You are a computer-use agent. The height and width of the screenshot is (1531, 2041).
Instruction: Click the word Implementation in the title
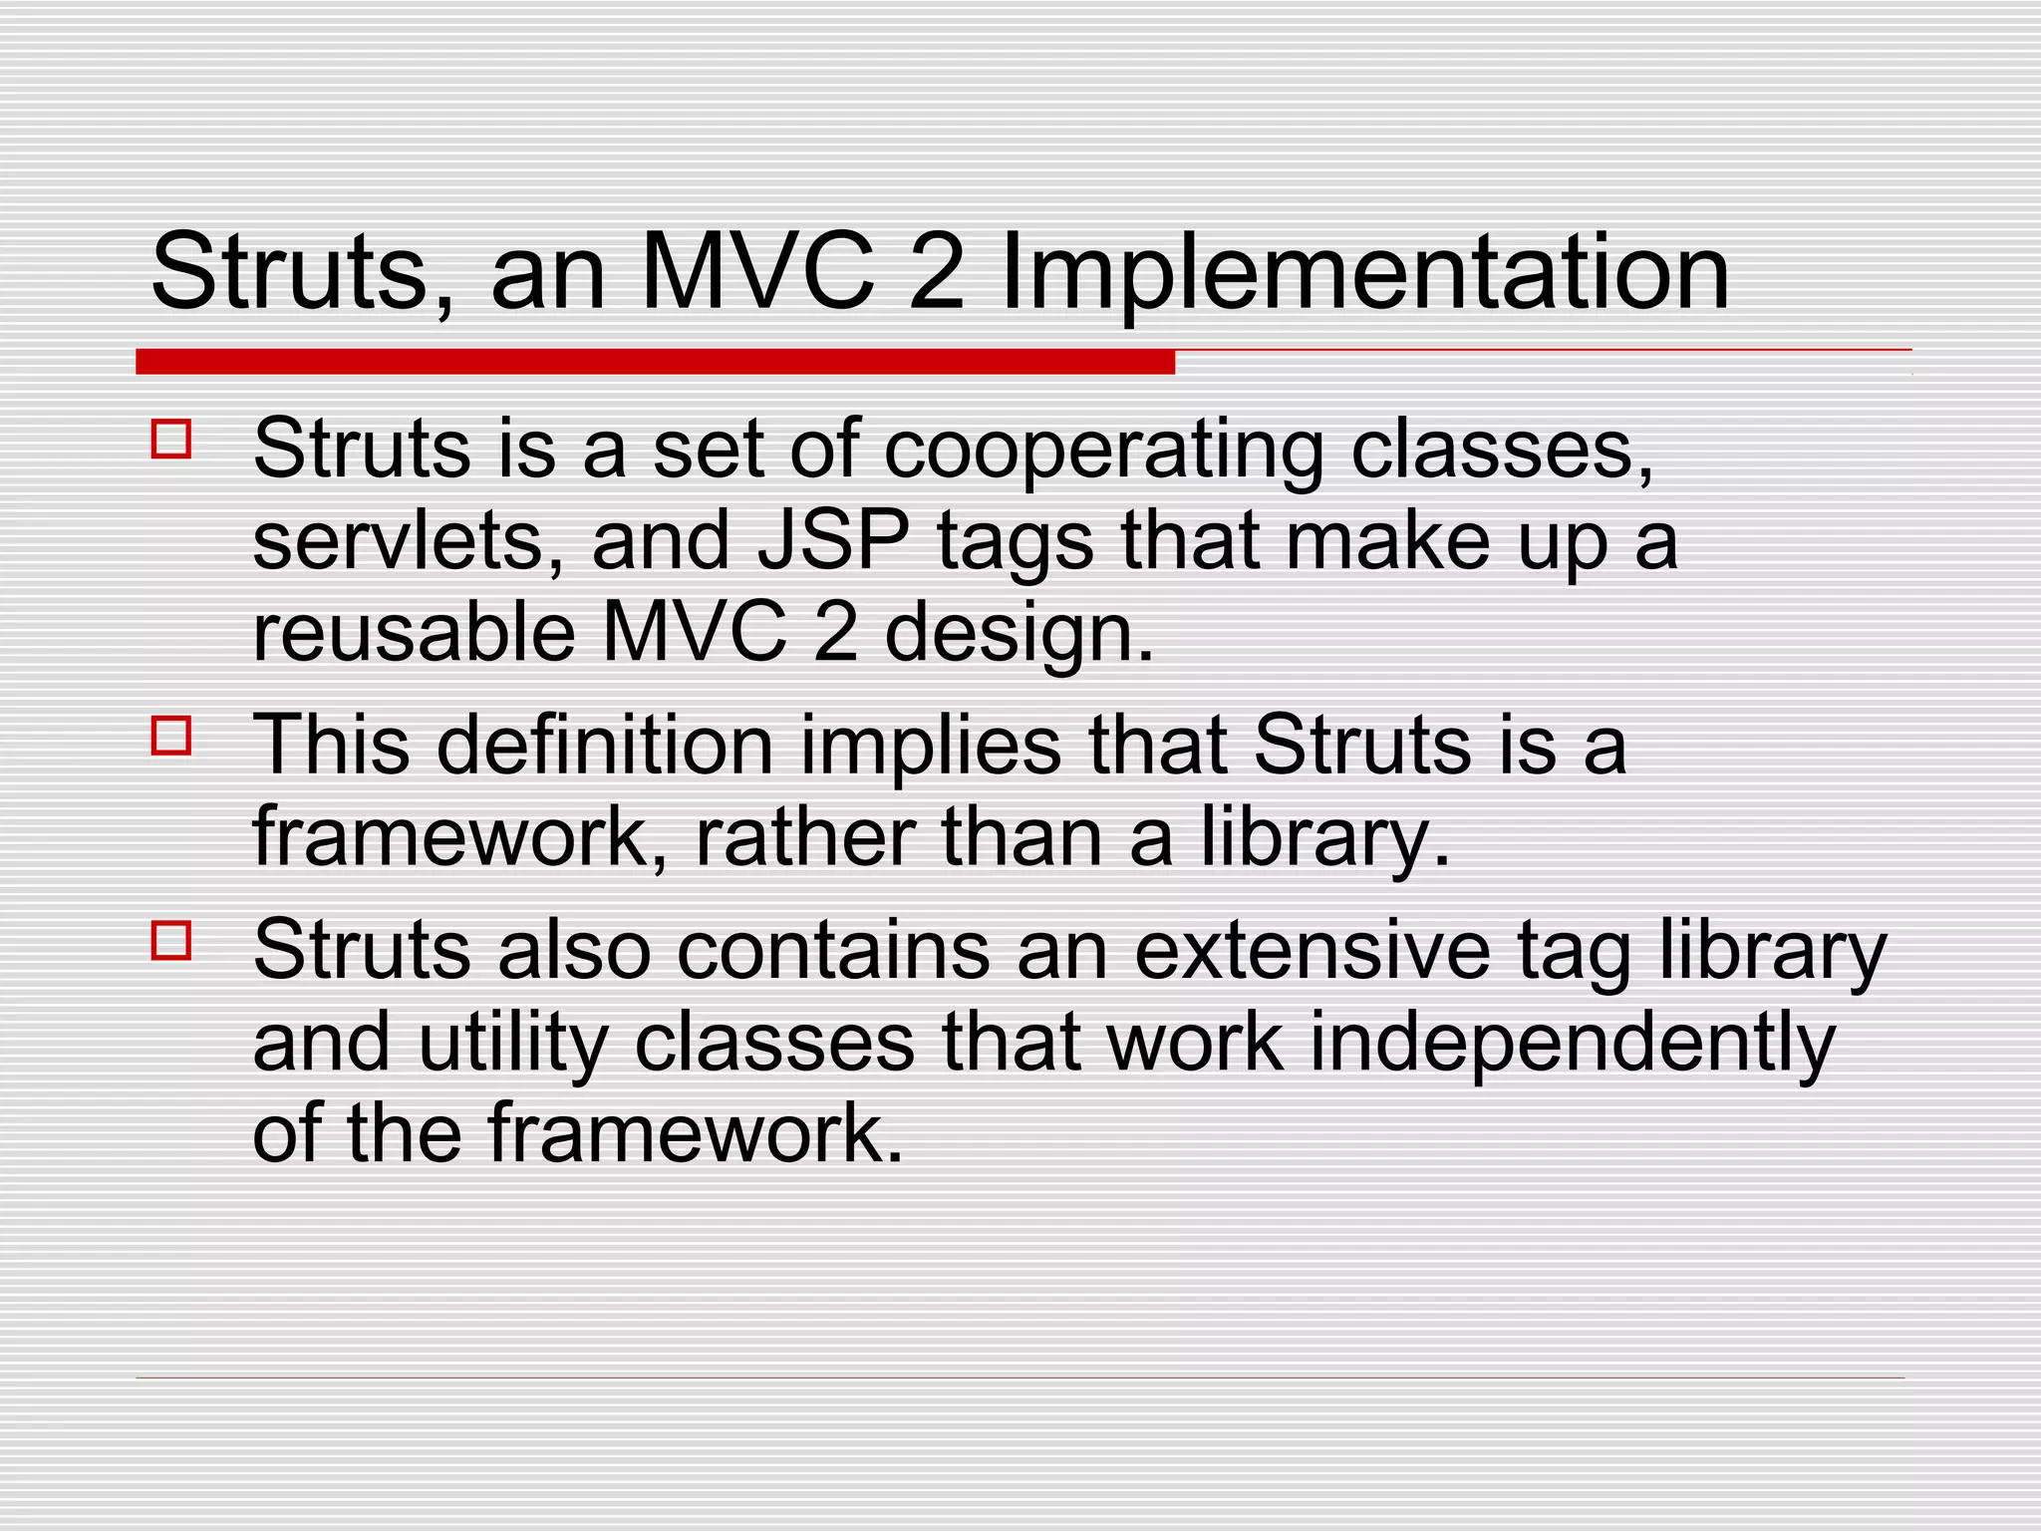(x=1364, y=274)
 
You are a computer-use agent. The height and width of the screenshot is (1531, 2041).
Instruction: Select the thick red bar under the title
(x=655, y=362)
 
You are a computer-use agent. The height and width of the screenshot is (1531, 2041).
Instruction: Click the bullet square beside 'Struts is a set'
(x=171, y=439)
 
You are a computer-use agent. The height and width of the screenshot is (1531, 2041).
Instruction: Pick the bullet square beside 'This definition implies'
(x=171, y=736)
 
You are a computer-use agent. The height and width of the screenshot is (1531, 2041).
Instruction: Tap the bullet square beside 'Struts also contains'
(x=171, y=940)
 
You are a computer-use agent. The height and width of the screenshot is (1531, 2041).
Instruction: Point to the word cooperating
(x=1104, y=451)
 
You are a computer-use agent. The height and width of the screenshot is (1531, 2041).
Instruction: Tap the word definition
(x=605, y=745)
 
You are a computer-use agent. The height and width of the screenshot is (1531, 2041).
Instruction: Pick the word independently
(x=1572, y=1045)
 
